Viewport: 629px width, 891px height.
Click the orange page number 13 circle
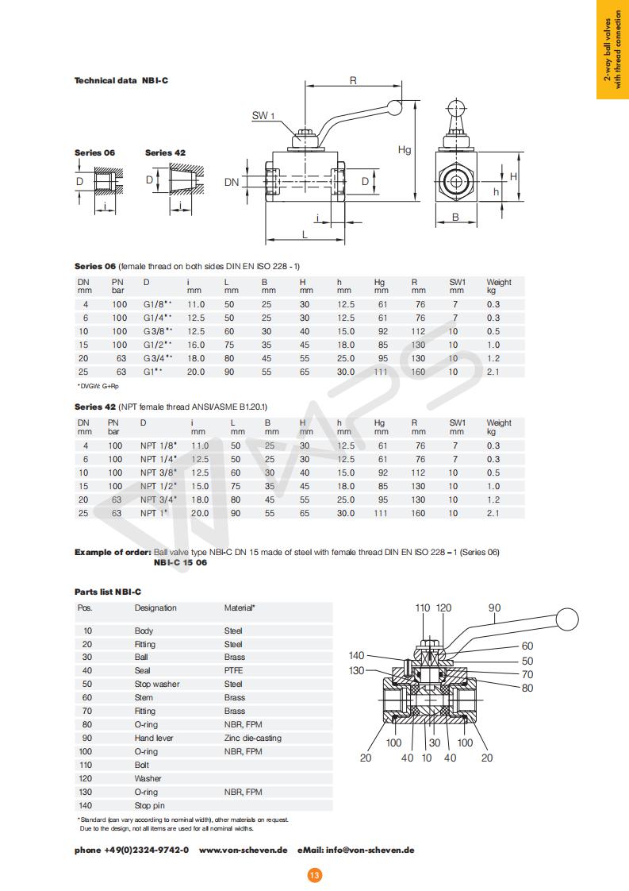314,874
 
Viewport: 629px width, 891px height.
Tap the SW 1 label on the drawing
263,116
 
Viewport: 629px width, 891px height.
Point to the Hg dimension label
405,149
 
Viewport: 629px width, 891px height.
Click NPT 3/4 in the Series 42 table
158,499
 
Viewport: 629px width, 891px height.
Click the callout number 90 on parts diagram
494,608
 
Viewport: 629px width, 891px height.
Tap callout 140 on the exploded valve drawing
357,655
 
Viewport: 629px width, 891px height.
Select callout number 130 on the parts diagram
357,670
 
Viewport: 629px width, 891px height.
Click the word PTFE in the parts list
233,670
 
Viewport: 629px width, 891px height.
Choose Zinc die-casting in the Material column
252,738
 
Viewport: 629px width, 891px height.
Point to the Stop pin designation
149,805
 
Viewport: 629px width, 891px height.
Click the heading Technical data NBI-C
121,80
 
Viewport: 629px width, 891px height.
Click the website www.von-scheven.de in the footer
243,850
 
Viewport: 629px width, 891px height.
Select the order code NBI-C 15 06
180,562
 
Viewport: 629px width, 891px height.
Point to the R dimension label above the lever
352,80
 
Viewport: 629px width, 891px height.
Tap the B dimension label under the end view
455,216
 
